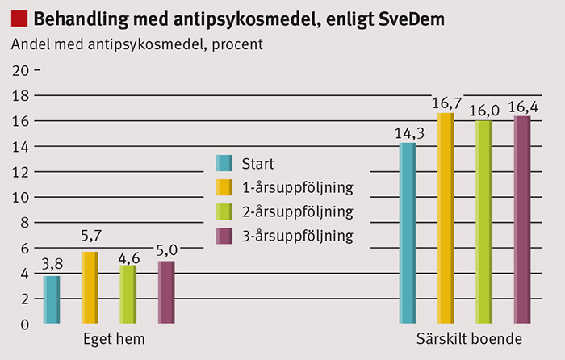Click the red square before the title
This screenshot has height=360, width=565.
pos(19,18)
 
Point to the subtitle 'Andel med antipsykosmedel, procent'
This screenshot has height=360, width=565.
pos(136,44)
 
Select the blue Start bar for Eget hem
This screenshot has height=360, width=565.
pos(51,299)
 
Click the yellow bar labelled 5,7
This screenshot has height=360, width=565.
pos(89,287)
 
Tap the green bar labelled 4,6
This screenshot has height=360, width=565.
pos(128,295)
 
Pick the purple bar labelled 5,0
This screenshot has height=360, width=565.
pos(165,292)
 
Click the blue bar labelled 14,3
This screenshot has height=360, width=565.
pos(408,233)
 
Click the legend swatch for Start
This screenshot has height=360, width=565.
pos(224,163)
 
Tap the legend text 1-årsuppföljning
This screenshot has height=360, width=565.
pos(297,188)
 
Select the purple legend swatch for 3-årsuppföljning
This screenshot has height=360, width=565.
pos(224,236)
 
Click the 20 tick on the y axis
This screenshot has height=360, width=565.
pos(20,70)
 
